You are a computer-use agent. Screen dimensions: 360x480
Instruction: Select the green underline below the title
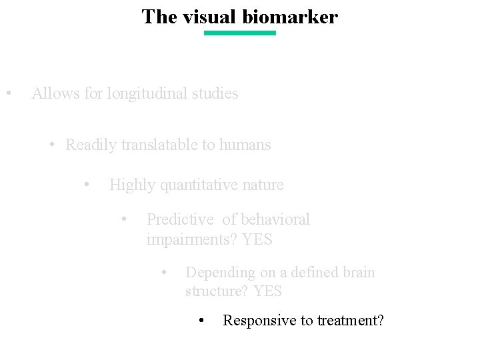[x=239, y=33]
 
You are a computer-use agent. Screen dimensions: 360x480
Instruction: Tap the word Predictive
[x=181, y=219]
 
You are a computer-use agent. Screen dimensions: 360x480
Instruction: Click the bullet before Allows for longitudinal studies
[x=7, y=93]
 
